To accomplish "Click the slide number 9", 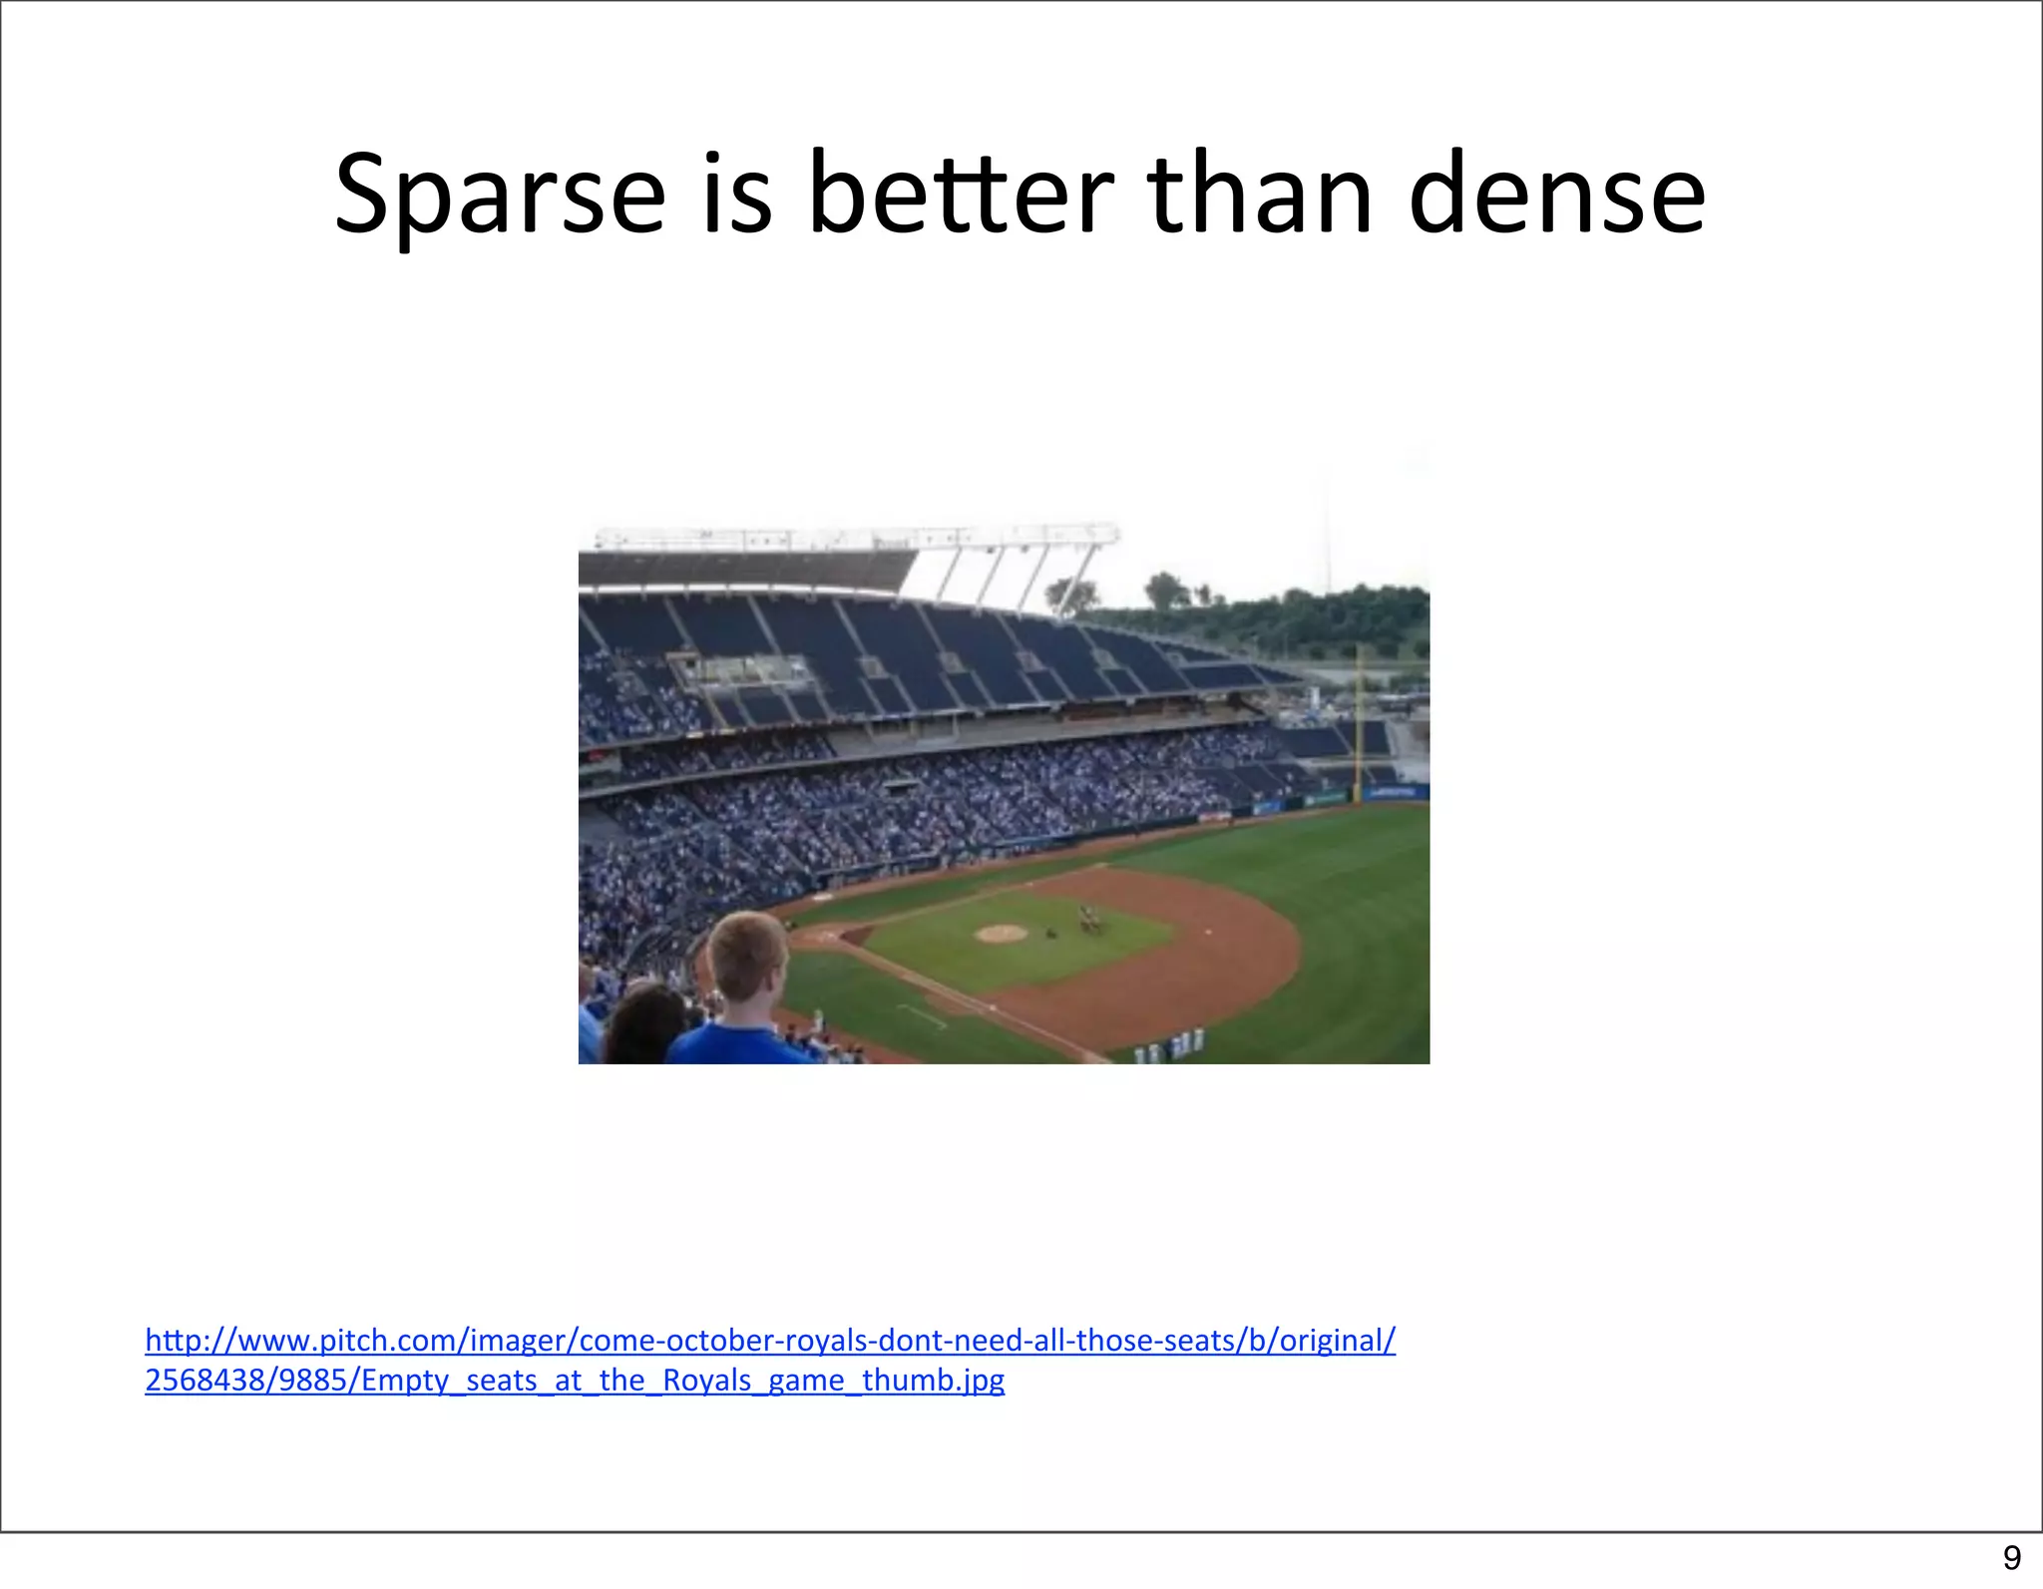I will pyautogui.click(x=2011, y=1558).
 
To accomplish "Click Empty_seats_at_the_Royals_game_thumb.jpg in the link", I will pyautogui.click(x=682, y=1381).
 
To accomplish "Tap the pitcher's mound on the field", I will pyautogui.click(x=1001, y=933).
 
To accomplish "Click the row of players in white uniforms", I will pyautogui.click(x=1172, y=1045).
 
